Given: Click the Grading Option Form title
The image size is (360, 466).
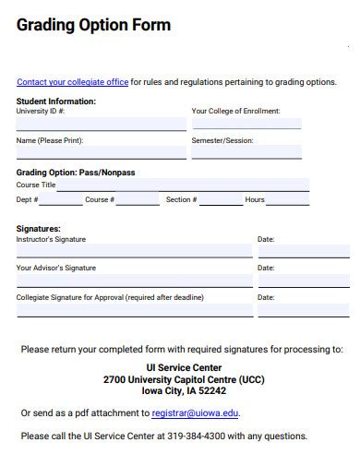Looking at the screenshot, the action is tap(93, 25).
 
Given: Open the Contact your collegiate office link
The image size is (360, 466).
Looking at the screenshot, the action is tap(72, 82).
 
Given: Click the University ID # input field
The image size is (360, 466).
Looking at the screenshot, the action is tap(101, 124).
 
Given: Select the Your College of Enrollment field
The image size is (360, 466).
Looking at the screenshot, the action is tap(246, 124).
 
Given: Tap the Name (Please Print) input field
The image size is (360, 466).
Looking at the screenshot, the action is tap(101, 153).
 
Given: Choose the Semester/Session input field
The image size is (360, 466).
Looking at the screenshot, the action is tap(246, 153).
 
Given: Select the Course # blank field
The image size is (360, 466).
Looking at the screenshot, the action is tap(137, 200).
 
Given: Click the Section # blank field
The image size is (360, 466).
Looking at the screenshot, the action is tap(221, 200).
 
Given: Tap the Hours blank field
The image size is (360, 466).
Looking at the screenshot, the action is tap(287, 200).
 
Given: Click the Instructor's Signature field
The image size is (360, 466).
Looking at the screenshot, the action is tap(134, 251).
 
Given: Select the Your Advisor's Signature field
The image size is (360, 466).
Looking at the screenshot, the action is tap(134, 281).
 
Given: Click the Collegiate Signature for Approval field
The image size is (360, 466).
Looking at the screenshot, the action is tap(134, 310).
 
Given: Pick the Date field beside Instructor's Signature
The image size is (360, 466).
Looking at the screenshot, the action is tap(303, 251).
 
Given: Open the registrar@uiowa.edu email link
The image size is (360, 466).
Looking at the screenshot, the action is tap(195, 414).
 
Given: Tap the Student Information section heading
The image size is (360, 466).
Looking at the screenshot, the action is tap(55, 102).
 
